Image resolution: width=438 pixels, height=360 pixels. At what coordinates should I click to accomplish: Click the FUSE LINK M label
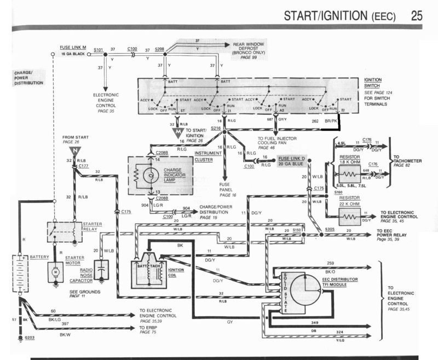72,50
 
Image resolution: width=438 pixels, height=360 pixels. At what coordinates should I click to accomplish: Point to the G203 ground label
30,338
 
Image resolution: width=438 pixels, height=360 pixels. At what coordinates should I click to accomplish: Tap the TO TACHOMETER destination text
411,159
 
